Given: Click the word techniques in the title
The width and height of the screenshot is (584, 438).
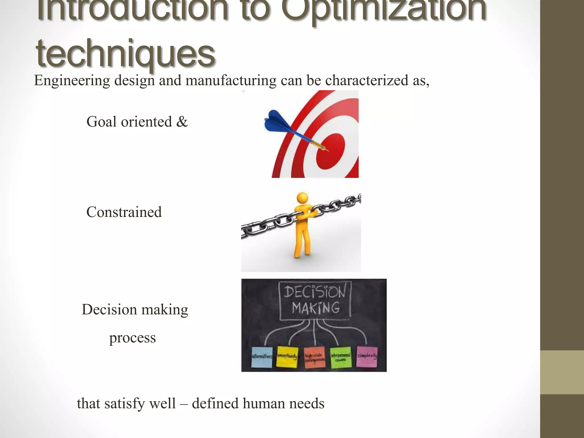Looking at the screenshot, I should (x=125, y=54).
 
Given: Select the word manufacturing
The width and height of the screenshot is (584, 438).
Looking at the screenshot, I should (x=231, y=80).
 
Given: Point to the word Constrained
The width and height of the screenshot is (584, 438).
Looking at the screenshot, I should (x=124, y=212).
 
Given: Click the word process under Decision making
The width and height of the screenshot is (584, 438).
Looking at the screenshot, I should (x=133, y=338).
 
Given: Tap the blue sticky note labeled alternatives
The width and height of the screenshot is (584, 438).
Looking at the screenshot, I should (x=262, y=357).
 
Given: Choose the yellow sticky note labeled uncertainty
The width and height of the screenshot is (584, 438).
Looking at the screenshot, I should (x=287, y=356).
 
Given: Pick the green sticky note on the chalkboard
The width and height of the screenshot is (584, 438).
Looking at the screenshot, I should (x=340, y=357).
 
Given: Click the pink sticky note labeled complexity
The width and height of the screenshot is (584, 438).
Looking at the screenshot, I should (x=367, y=356).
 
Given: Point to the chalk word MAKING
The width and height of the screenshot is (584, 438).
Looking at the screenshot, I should (x=316, y=308).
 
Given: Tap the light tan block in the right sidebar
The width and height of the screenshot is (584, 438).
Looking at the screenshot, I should (x=562, y=372).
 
